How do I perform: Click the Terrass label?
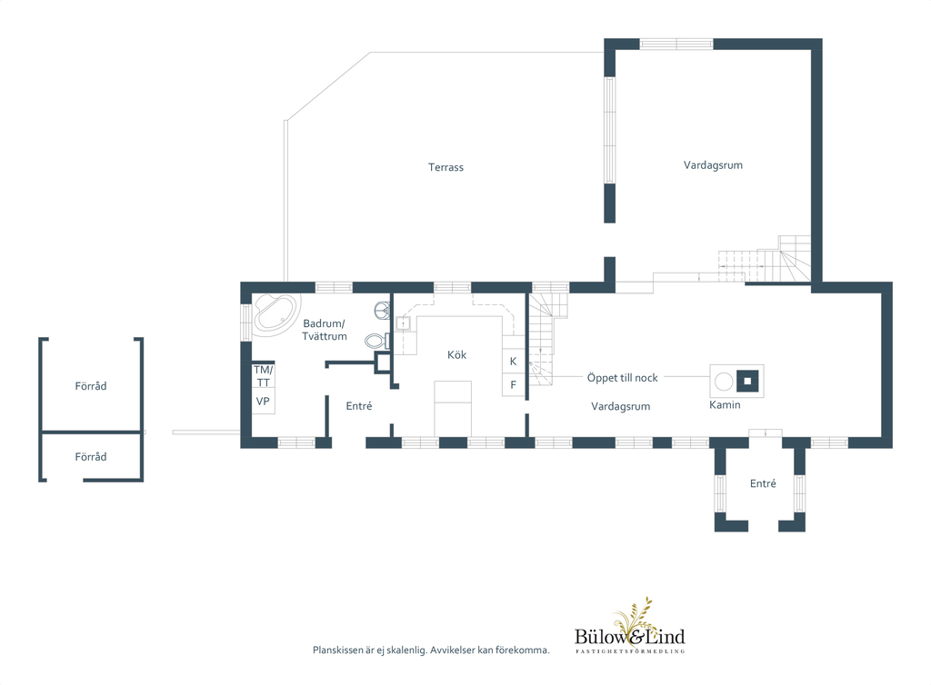click(x=445, y=167)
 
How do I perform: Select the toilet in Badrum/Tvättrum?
click(x=376, y=341)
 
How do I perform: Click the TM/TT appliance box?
click(x=263, y=376)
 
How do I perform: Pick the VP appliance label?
click(x=263, y=402)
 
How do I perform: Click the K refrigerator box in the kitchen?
click(x=514, y=361)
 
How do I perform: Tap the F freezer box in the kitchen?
click(x=514, y=384)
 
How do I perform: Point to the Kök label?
click(x=456, y=354)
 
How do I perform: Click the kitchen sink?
click(x=404, y=323)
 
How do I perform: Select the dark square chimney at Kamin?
click(x=748, y=381)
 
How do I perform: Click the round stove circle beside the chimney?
click(x=723, y=382)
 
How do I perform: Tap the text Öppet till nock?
click(x=622, y=377)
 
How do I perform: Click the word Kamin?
click(x=725, y=404)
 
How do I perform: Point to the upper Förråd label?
click(x=91, y=386)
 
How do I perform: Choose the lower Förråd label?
click(x=91, y=457)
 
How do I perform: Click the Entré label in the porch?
click(x=763, y=483)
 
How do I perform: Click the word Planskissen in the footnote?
click(x=338, y=650)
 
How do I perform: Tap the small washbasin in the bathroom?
click(x=383, y=310)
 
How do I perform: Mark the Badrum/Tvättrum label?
click(x=325, y=330)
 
